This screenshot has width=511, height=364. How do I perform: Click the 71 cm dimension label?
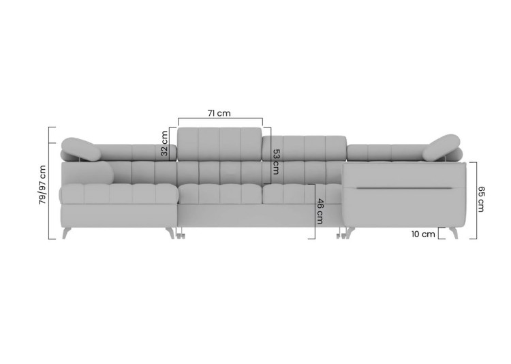coord(219,113)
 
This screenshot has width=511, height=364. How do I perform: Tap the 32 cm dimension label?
coord(164,143)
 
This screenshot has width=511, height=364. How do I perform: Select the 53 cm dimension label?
coord(276,162)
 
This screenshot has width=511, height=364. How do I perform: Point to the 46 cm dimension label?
coord(320,211)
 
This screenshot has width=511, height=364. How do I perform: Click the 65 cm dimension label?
coord(481,199)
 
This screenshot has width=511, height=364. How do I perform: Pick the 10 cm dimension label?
coord(423,234)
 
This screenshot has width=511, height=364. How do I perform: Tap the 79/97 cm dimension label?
coord(42,185)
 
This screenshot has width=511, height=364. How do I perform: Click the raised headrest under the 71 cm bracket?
coord(219,144)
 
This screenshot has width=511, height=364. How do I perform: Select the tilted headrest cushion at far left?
coord(78,149)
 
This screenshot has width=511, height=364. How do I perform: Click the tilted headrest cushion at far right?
coord(442,147)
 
